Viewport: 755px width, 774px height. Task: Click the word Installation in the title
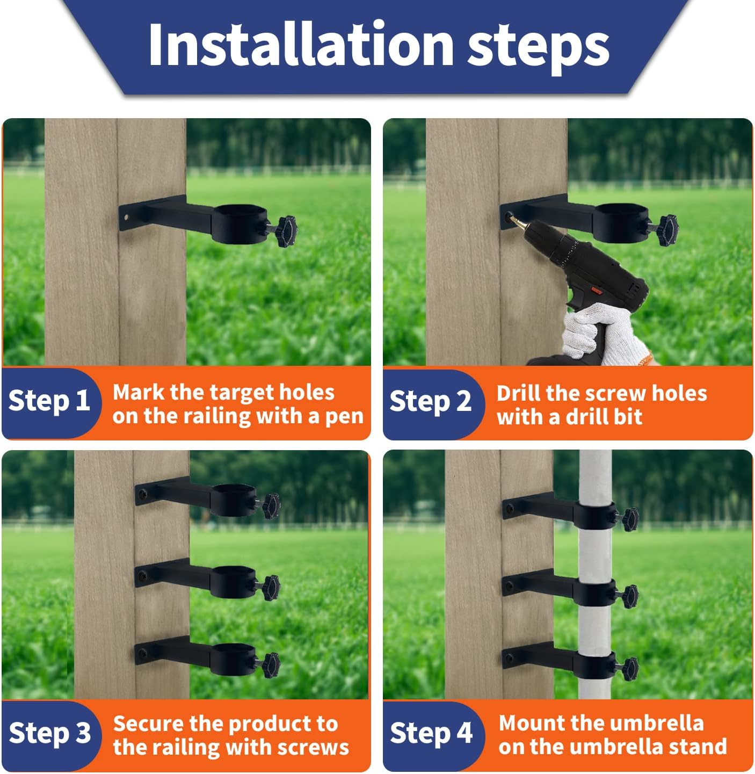pyautogui.click(x=301, y=44)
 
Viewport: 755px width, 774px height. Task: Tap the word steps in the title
pyautogui.click(x=538, y=48)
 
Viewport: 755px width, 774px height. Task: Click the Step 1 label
pyautogui.click(x=49, y=402)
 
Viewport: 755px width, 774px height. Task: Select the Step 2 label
pyautogui.click(x=430, y=402)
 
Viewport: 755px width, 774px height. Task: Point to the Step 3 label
pyautogui.click(x=49, y=733)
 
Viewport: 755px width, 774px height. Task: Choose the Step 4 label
pyautogui.click(x=431, y=733)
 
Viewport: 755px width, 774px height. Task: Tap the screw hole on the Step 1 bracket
pyautogui.click(x=126, y=218)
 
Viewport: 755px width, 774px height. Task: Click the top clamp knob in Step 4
pyautogui.click(x=630, y=519)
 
